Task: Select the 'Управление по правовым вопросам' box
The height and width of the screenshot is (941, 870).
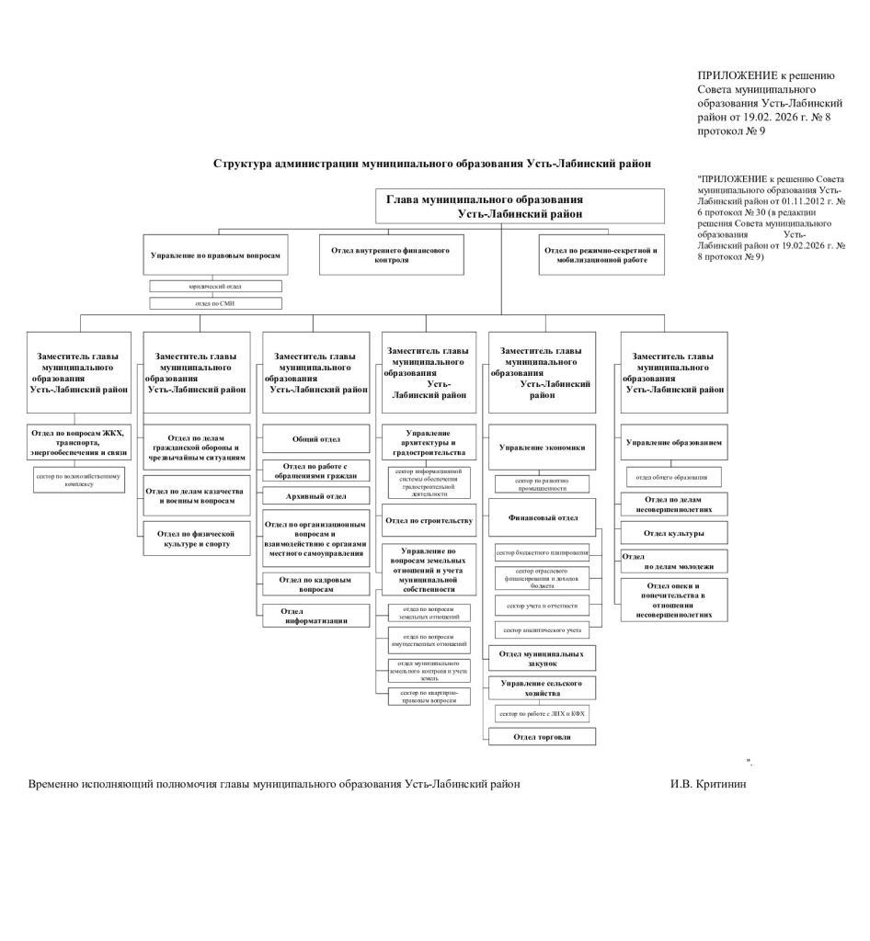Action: [x=215, y=255]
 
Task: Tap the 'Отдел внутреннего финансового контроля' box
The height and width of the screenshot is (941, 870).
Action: [x=391, y=255]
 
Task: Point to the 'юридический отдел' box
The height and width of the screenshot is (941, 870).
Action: [x=215, y=287]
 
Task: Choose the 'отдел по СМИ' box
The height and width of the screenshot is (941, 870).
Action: [x=215, y=303]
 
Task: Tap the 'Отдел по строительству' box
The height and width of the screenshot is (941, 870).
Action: [x=429, y=520]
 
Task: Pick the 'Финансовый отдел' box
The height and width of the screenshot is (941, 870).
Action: [x=543, y=517]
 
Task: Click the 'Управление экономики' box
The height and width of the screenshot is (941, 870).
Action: [x=542, y=448]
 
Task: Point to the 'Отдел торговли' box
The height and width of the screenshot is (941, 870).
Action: [x=542, y=736]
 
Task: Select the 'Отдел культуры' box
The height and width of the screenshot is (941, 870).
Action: [x=674, y=533]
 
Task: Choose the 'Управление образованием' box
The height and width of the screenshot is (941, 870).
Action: [x=674, y=442]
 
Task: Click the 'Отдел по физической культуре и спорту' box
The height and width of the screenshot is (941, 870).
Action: [x=196, y=539]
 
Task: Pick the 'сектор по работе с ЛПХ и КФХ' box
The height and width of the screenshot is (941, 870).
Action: [x=542, y=713]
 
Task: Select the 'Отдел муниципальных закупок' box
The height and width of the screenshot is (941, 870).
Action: [x=542, y=658]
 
